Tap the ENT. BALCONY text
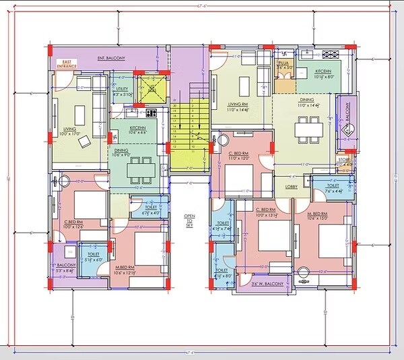(x=111, y=59)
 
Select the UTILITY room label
(x=122, y=92)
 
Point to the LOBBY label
(x=292, y=187)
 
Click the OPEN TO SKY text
(x=189, y=220)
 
